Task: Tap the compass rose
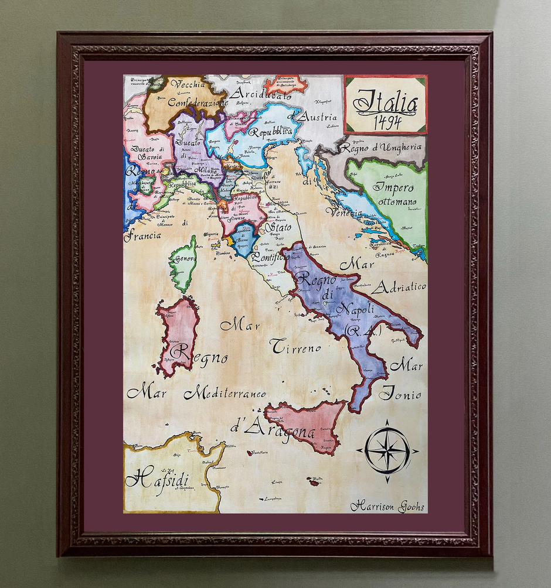click(387, 450)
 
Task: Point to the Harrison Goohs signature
click(387, 507)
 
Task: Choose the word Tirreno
click(296, 347)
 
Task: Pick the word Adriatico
click(399, 288)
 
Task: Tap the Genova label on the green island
click(185, 258)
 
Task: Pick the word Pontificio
click(267, 257)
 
